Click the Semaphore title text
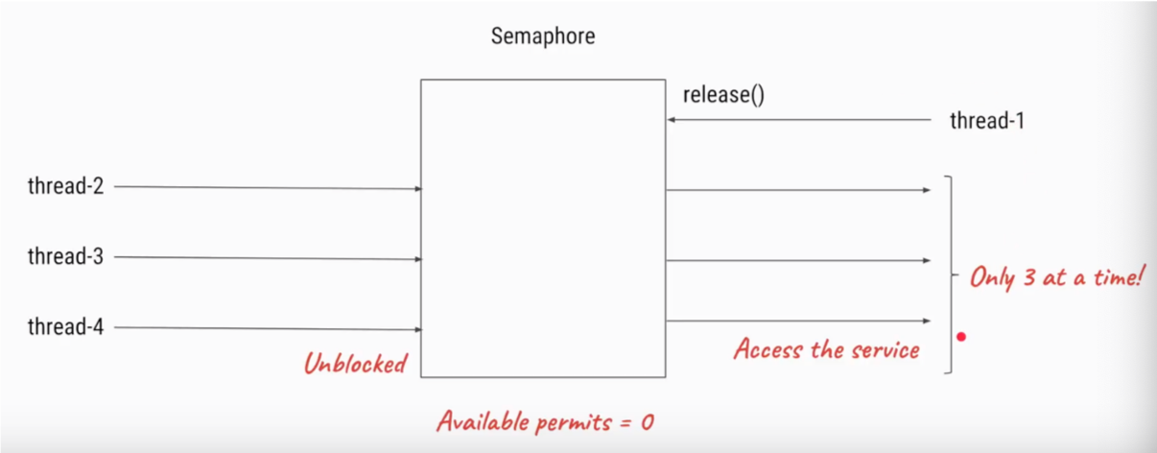pos(543,36)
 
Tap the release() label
pos(723,94)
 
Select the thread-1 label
pos(987,121)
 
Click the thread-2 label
pos(65,186)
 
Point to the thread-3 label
pos(65,256)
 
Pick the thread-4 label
pos(65,326)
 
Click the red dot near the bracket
pos(961,337)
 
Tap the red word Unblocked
pos(355,363)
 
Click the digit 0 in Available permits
pos(648,422)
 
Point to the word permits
pos(574,423)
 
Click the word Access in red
pos(768,348)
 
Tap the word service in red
pos(885,350)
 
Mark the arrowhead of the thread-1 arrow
pos(671,120)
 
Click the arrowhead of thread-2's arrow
pos(419,188)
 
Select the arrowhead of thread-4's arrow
pos(419,329)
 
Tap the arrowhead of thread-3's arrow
pos(419,259)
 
